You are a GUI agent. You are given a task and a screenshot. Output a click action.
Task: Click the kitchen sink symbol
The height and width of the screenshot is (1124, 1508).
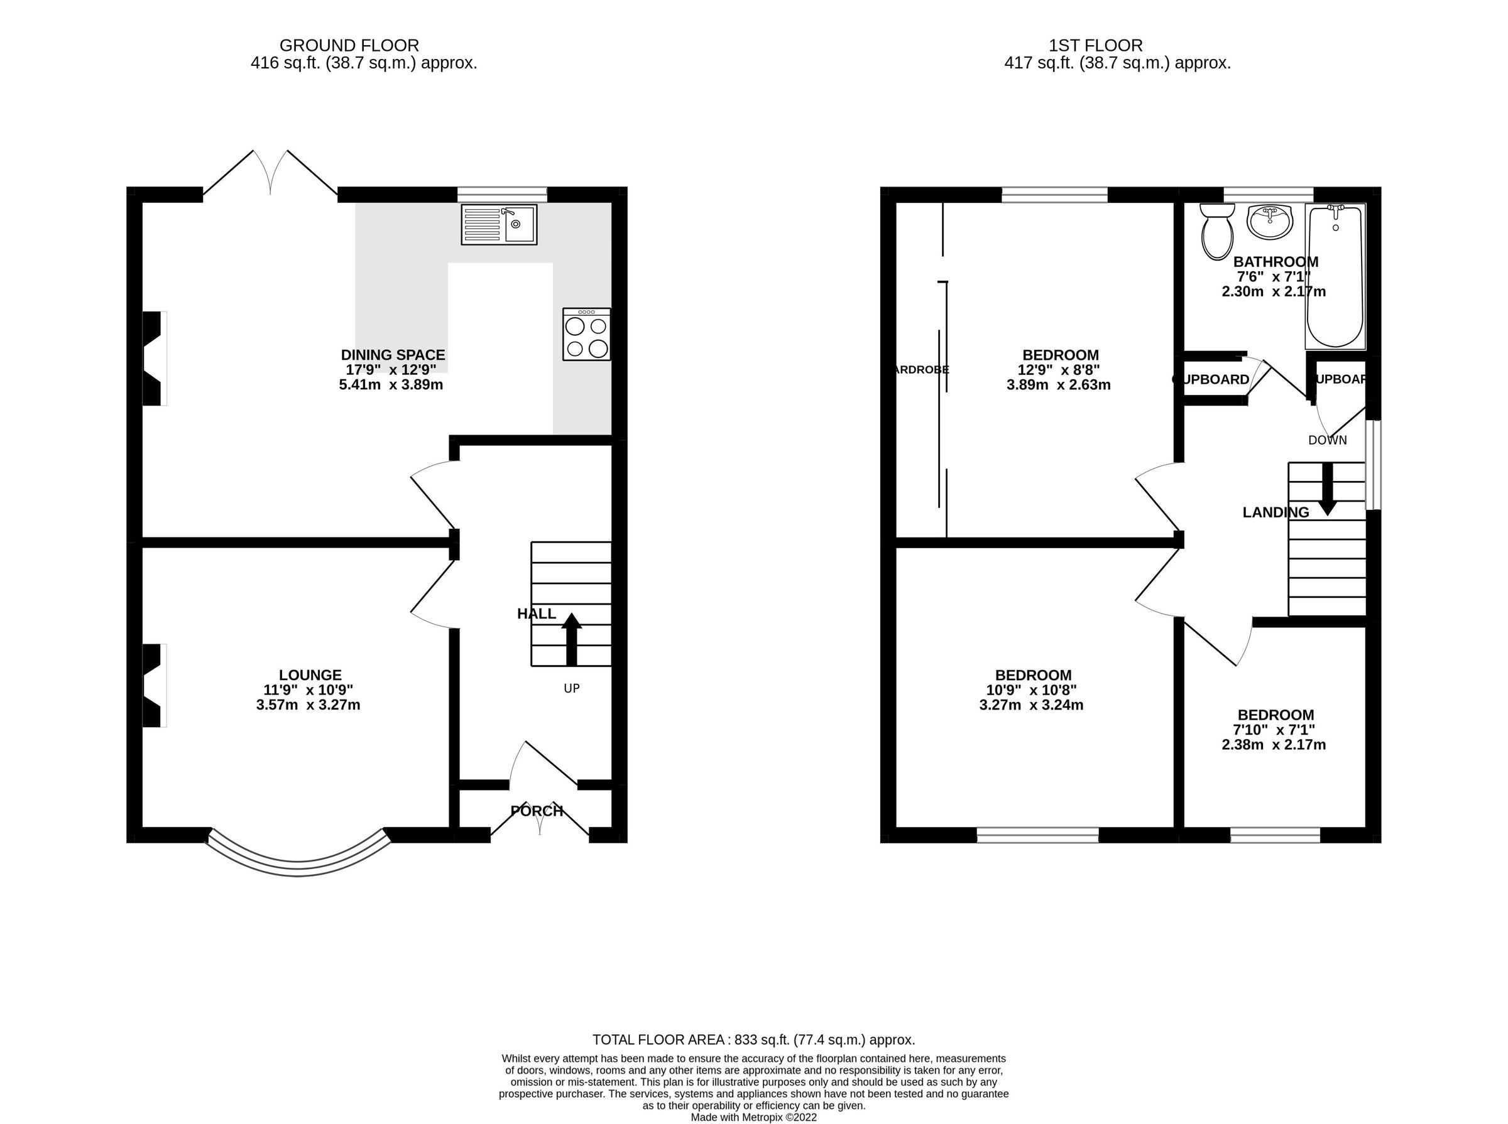[x=499, y=224]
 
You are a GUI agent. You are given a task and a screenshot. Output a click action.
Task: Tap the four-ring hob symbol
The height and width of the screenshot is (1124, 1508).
[x=586, y=334]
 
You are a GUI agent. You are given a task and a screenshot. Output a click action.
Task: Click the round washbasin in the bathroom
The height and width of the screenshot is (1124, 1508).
[x=1269, y=222]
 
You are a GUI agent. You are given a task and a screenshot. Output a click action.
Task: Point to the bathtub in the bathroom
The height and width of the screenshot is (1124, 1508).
[x=1335, y=276]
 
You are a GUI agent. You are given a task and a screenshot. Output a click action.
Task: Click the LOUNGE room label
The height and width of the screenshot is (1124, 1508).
[x=310, y=675]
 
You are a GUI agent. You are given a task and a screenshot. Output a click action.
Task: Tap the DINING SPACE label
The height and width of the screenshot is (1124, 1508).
[x=393, y=355]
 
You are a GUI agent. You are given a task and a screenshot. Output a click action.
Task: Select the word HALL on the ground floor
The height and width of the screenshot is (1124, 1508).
[x=537, y=613]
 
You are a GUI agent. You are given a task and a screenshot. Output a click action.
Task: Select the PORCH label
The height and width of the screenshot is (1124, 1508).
[x=537, y=811]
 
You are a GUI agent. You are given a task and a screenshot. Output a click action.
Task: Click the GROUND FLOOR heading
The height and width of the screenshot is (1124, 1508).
[x=349, y=46]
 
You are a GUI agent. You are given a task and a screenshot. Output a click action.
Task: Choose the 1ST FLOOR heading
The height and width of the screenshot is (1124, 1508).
[x=1095, y=46]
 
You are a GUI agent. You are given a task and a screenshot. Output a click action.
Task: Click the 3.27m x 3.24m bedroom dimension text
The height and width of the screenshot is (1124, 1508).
[x=1030, y=705]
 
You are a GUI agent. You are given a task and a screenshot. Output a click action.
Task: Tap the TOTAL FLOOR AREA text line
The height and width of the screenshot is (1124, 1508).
[x=753, y=1040]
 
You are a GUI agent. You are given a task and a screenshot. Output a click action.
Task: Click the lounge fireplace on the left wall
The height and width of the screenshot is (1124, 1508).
[x=153, y=685]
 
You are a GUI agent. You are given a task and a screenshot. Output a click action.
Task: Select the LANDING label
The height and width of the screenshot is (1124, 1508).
[x=1275, y=512]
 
